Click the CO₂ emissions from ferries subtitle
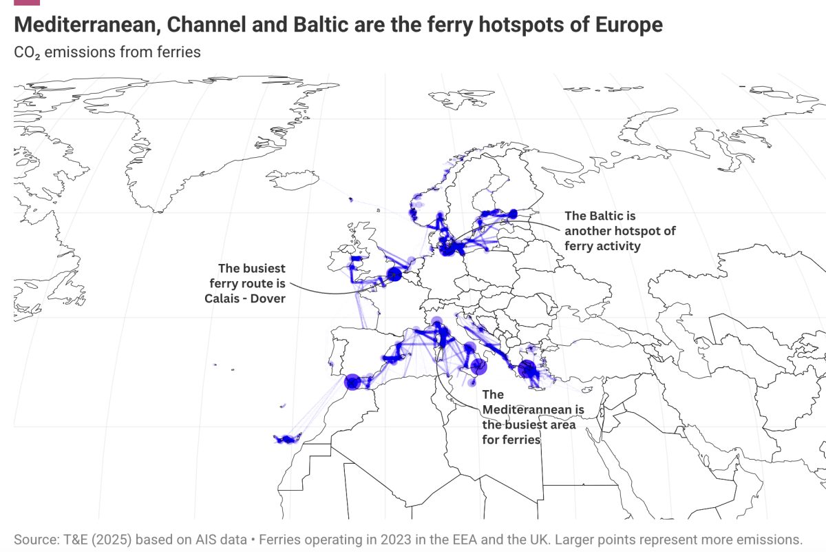107,52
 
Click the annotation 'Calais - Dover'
244,298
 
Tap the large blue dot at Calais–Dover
394,274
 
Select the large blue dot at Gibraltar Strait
352,382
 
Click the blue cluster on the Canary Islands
285,438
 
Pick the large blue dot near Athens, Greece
527,369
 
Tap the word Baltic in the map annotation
603,216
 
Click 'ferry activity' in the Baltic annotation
602,246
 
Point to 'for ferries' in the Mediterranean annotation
511,440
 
